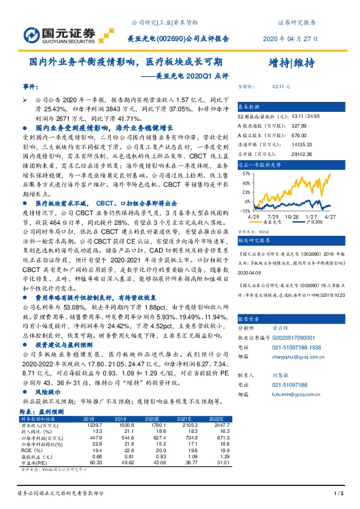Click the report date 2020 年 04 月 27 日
pyautogui.click(x=290, y=37)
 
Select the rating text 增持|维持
pyautogui.click(x=291, y=63)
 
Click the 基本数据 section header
pyautogui.click(x=249, y=105)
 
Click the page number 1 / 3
pyautogui.click(x=339, y=494)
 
